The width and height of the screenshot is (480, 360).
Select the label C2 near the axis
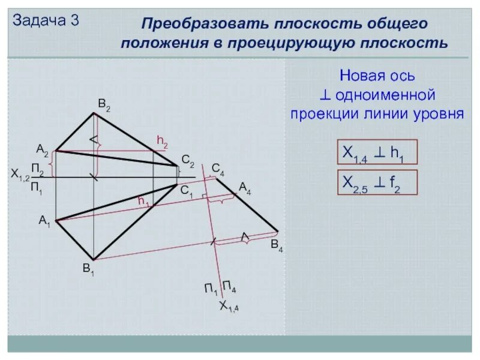[x=188, y=161]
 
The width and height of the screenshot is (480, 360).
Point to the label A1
[x=45, y=221]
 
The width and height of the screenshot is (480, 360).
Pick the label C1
[x=187, y=190]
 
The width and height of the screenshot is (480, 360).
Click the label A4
[x=245, y=188]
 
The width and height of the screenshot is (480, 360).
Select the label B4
[x=277, y=244]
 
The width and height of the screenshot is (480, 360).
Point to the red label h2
[x=162, y=141]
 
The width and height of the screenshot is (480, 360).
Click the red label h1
[x=144, y=202]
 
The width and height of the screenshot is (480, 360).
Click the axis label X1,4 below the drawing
[x=229, y=307]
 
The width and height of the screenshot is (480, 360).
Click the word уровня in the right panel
[x=437, y=113]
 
